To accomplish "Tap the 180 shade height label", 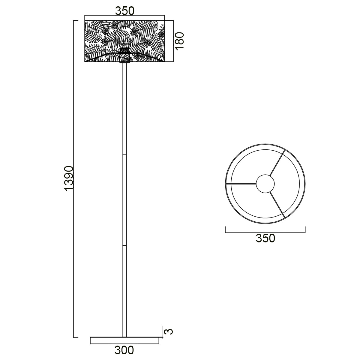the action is (179, 41).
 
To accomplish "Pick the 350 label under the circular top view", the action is (265, 238).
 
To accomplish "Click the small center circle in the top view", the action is (265, 184).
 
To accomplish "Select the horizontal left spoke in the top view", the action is (241, 184).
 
